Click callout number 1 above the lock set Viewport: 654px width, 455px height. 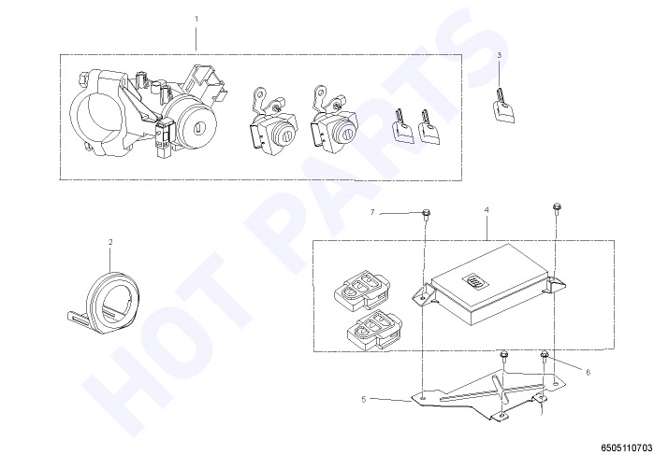(196, 19)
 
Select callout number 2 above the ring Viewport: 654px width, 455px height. (110, 242)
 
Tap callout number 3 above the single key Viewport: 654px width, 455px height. (500, 54)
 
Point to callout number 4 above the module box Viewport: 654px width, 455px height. (487, 210)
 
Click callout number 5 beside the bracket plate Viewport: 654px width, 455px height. (364, 399)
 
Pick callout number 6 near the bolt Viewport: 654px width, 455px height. (589, 373)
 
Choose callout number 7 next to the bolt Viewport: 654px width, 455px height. (372, 212)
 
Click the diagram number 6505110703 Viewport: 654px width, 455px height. (626, 448)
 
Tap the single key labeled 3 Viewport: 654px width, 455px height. (503, 107)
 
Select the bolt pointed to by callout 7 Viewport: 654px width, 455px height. (426, 214)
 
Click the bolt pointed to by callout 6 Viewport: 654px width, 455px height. (544, 356)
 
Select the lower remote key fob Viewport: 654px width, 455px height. (373, 330)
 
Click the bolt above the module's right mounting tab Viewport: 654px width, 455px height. (555, 207)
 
